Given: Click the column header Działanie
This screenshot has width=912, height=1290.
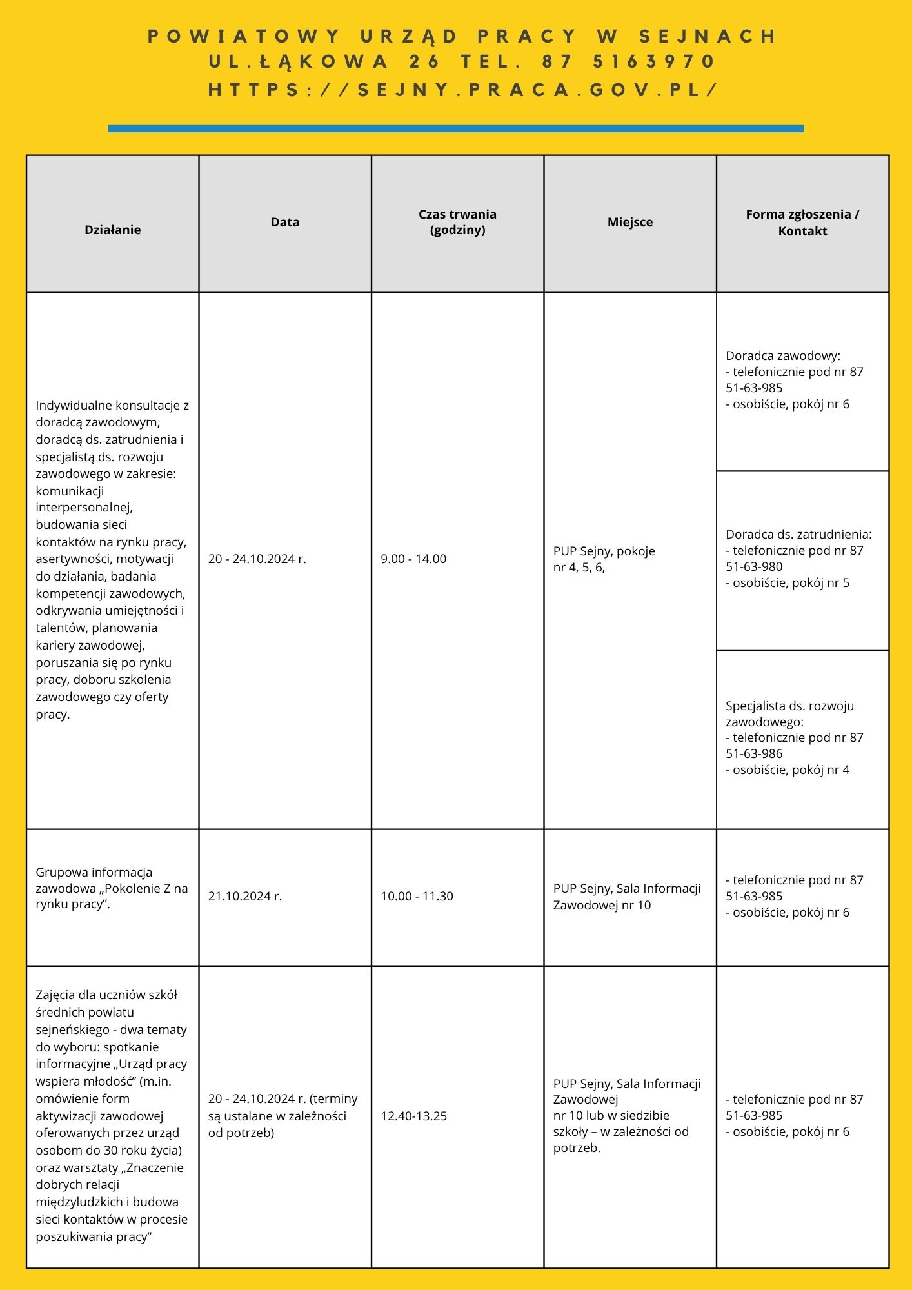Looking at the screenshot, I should coord(112,230).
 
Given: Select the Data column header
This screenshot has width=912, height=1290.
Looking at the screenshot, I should coord(285,222).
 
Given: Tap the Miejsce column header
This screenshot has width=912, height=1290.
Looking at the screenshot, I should coord(630,222).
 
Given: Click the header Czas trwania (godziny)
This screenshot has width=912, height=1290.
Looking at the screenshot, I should coord(457,222).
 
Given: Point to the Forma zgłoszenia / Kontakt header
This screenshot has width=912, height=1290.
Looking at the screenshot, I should coord(802,223).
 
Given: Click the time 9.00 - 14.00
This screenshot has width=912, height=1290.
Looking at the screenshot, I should coord(413,559).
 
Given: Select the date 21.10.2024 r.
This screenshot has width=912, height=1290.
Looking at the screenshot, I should coord(245,897).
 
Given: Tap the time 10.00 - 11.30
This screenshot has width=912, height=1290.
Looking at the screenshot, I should coord(417,897).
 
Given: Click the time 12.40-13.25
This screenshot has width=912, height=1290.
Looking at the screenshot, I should coord(413,1116).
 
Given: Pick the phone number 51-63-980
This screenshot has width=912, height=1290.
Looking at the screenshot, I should coord(754,567).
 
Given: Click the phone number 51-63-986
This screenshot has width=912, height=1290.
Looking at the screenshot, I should coord(754,754).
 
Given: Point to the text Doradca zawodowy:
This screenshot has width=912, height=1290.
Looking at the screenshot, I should coord(783,355).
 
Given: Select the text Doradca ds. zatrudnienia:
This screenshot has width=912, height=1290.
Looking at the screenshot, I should coord(798,535).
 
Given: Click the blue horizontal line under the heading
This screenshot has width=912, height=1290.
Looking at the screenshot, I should coord(455,128).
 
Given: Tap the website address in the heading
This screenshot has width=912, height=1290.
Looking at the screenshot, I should coord(462,90).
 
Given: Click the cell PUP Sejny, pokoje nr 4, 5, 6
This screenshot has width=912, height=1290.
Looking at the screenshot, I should coord(604,559).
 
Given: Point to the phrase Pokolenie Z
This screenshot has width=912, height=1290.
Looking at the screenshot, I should coord(136,888).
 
